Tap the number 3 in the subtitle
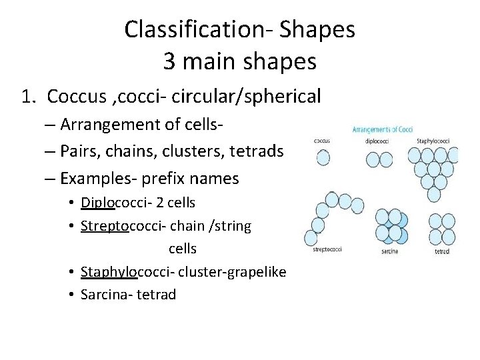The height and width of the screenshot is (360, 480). (170, 61)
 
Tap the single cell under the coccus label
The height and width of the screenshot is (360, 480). (323, 157)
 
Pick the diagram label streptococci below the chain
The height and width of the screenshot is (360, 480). (327, 250)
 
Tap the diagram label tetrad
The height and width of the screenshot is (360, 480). (441, 252)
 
